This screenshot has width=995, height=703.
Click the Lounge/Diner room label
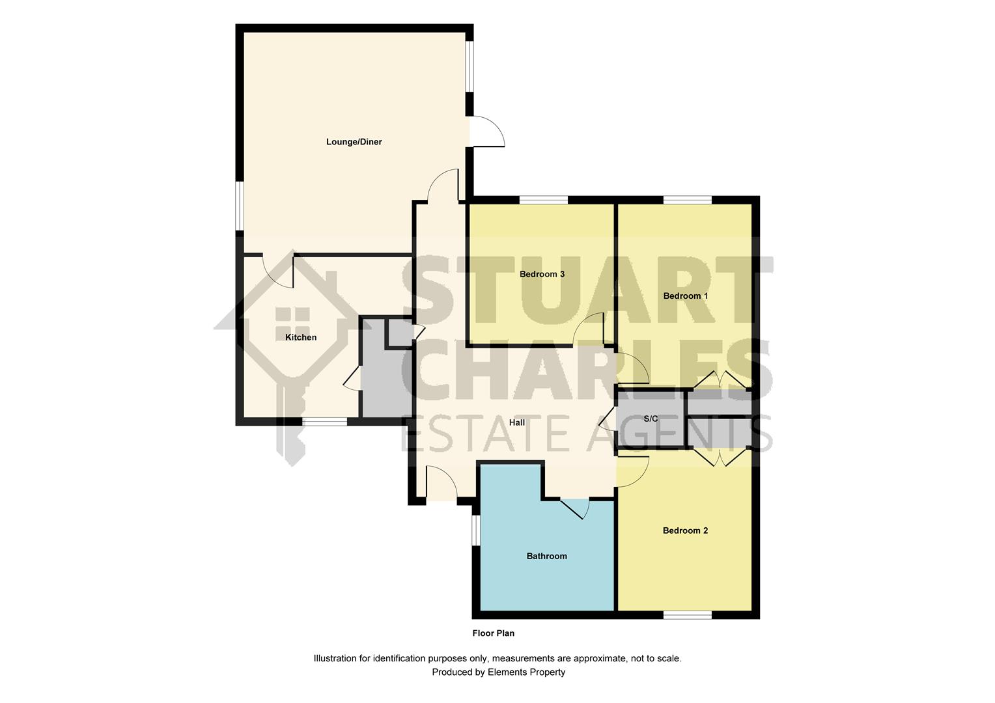354,142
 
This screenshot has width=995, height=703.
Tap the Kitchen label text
301,338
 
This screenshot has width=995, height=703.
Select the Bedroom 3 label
542,274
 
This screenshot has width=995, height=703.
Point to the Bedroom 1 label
686,296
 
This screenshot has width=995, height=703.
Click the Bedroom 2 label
686,531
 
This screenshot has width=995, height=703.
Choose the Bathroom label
547,556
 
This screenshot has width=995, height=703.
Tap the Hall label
517,423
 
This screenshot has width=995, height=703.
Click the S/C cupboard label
651,419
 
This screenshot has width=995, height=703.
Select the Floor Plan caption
493,633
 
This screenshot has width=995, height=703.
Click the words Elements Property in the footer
526,672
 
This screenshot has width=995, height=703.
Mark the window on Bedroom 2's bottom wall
688,615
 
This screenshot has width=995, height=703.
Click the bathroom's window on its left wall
476,530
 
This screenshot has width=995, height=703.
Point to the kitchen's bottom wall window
325,421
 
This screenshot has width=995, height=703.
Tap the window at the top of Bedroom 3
544,200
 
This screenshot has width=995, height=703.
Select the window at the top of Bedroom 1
688,200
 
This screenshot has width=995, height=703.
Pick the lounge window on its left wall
240,206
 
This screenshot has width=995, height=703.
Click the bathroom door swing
576,509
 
